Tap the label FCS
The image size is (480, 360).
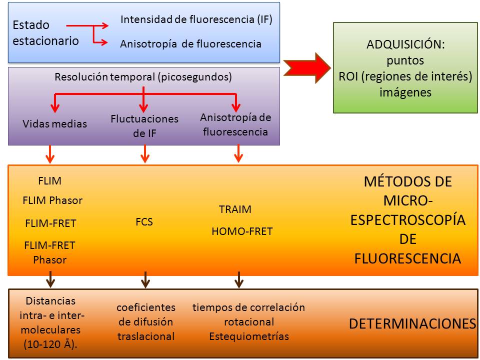coord(144,221)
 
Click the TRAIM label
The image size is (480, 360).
coord(235,209)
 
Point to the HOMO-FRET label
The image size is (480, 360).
coord(242,231)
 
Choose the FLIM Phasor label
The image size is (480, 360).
coord(52,200)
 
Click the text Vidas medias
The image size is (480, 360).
coord(55,123)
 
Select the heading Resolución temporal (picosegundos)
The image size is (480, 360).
coord(143,77)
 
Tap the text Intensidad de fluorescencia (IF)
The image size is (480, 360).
coord(196,19)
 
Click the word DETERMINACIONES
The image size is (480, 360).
coord(412,323)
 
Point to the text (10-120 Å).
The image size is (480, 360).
coord(50,344)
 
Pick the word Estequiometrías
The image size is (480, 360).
coord(249,336)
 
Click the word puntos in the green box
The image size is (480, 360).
coord(405,60)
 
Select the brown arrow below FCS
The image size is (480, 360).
coord(145,279)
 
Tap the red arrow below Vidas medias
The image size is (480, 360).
coord(50,154)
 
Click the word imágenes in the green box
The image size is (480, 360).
coord(405,92)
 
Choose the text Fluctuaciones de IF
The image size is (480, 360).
coord(144,126)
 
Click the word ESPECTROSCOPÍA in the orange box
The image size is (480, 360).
coord(408,220)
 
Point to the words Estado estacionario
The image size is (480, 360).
coord(45,33)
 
